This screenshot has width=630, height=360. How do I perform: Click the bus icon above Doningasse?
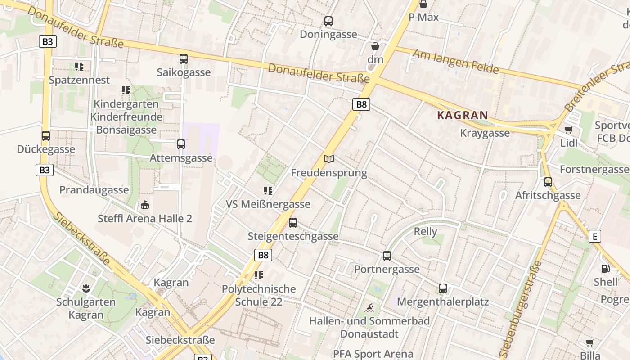tap(328, 21)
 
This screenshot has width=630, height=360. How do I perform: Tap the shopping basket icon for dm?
tap(375, 46)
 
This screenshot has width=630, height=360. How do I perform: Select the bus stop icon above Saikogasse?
tap(183, 58)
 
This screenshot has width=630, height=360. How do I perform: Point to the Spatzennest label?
tap(79, 80)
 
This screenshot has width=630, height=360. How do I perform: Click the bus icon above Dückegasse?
tap(45, 135)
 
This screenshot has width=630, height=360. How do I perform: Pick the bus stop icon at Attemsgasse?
tap(181, 144)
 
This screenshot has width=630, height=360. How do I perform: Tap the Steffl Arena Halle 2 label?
tap(145, 219)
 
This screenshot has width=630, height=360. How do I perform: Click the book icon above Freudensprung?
tap(329, 159)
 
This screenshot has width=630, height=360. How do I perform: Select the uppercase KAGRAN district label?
tap(463, 115)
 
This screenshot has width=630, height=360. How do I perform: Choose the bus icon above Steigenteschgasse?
tap(293, 222)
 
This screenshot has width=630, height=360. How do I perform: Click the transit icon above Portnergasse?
tap(387, 256)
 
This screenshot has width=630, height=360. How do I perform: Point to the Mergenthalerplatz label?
tap(443, 301)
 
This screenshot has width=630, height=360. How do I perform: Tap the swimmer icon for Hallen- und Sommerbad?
tap(369, 308)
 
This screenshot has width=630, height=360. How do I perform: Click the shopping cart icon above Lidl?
tap(568, 130)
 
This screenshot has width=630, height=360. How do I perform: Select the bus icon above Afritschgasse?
tap(548, 182)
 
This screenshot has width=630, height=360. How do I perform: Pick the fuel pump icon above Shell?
tap(605, 269)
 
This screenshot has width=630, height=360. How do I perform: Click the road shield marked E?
tap(595, 236)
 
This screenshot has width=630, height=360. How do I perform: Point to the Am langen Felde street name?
tap(456, 61)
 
